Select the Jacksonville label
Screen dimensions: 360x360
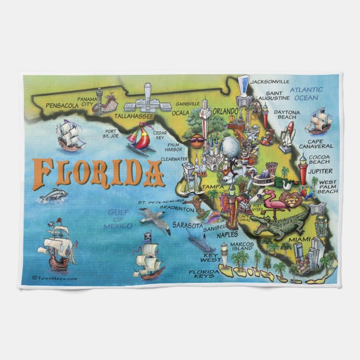click(270, 82)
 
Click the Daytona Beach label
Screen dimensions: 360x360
click(286, 115)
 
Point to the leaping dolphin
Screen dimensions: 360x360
click(54, 195)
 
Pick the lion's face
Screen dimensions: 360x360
click(293, 198)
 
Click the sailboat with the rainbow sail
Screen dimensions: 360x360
click(140, 138)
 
